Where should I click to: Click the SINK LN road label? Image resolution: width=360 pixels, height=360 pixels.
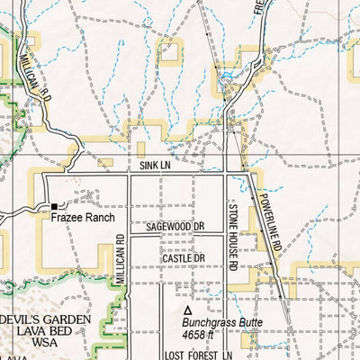click(x=155, y=166)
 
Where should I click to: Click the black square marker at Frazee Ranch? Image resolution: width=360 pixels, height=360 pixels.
click(x=53, y=207)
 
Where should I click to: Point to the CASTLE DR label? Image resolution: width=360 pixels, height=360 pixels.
click(x=184, y=258)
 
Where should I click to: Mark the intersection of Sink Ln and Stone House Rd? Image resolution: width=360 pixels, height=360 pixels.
click(x=226, y=173)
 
